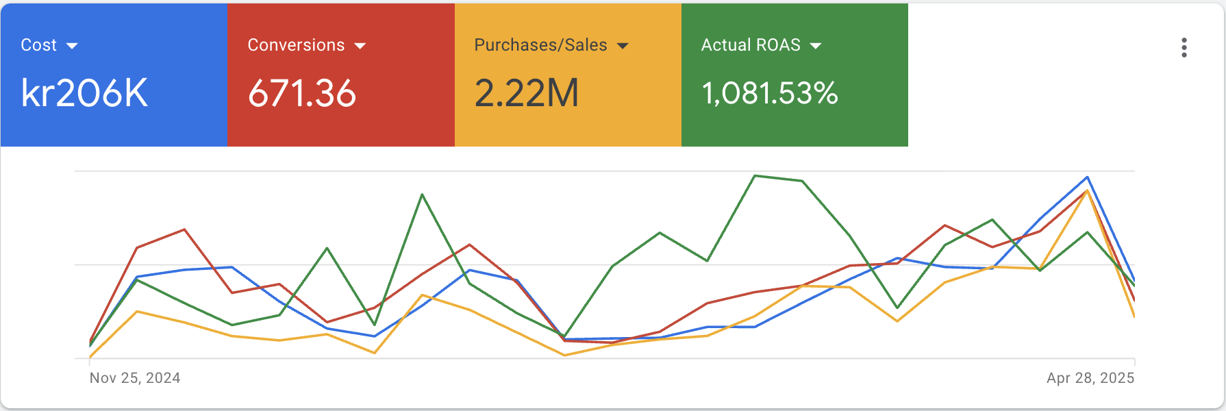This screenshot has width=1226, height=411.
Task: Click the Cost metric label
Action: (38, 45)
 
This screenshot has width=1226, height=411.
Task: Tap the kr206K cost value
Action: (84, 93)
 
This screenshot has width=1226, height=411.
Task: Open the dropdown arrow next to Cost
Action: (72, 46)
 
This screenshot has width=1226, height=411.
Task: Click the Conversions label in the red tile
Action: (296, 45)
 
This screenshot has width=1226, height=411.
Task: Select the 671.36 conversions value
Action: (302, 93)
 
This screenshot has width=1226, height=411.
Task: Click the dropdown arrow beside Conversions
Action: (360, 46)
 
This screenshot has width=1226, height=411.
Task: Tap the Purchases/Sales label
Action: (540, 45)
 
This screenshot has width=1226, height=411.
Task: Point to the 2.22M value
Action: (527, 93)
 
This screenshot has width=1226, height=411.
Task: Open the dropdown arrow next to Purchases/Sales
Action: (623, 46)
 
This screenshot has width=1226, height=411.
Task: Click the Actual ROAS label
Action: (751, 45)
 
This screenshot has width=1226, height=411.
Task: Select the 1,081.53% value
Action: (770, 93)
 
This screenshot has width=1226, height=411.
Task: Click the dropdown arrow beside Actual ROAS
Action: (815, 46)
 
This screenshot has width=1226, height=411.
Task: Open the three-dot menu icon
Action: (1184, 47)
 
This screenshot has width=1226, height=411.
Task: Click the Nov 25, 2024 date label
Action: (135, 378)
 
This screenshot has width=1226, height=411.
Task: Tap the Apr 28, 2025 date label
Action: (1090, 378)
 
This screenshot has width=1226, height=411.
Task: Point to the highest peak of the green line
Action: (755, 176)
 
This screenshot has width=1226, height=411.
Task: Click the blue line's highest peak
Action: (1088, 177)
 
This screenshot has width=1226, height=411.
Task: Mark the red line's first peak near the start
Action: (184, 229)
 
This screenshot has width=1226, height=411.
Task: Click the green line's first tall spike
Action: (422, 195)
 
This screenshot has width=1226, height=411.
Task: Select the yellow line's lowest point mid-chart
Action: (564, 355)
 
